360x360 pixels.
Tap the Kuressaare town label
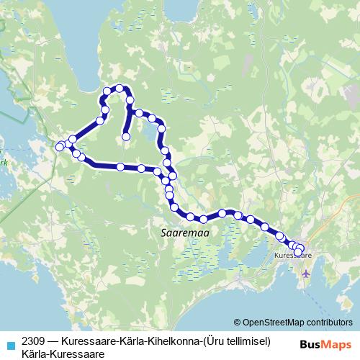pyautogui.click(x=293, y=255)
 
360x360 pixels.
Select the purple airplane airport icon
pyautogui.click(x=307, y=274)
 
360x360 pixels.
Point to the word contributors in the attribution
pyautogui.click(x=331, y=323)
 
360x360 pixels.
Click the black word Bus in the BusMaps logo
pyautogui.click(x=308, y=345)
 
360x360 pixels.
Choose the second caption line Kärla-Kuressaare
pyautogui.click(x=63, y=354)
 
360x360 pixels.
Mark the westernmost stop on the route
pyautogui.click(x=60, y=147)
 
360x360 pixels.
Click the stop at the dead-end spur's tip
pyautogui.click(x=126, y=135)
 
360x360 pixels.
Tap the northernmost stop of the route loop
pyautogui.click(x=120, y=88)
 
